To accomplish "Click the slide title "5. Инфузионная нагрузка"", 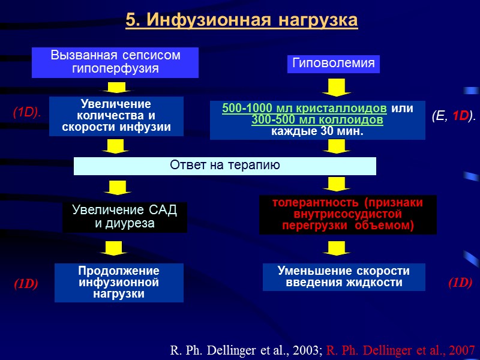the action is (x=242, y=20).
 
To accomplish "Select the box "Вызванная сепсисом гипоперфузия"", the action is (x=115, y=62).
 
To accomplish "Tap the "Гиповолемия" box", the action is (x=334, y=63).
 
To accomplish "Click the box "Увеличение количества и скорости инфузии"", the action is (x=116, y=116).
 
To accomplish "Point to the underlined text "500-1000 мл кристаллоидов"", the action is (x=305, y=109).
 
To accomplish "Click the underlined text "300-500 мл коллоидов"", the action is (x=317, y=120).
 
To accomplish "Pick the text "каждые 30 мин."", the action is (x=317, y=131).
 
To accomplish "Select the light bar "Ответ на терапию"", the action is (x=224, y=166).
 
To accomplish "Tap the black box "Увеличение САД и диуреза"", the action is (x=125, y=217).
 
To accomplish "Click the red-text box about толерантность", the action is (x=347, y=214).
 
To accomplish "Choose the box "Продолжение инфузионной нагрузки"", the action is (x=119, y=282).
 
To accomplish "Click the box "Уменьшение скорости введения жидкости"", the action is (x=344, y=277).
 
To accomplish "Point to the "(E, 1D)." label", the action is (x=453, y=116).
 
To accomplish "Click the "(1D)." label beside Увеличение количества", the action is (x=27, y=112).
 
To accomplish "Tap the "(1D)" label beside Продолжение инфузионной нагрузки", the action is (x=26, y=284).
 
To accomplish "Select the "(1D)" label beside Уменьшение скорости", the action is (x=460, y=283).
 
